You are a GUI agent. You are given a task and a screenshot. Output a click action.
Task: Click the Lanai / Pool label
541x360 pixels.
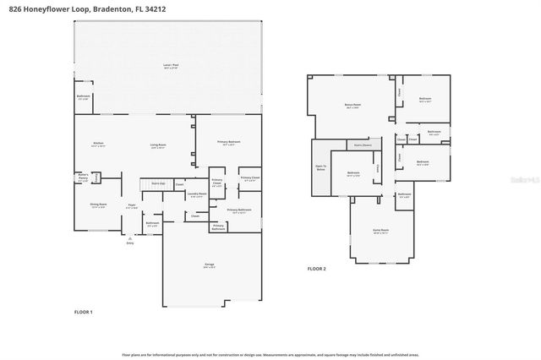click(170, 65)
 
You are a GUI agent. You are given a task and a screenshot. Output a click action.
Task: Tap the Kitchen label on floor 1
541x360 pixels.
click(98, 145)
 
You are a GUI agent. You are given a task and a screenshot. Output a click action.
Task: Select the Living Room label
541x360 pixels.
click(158, 146)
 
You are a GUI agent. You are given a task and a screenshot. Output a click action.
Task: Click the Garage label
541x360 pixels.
click(209, 265)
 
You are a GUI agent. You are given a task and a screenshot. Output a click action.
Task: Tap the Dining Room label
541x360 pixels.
click(98, 205)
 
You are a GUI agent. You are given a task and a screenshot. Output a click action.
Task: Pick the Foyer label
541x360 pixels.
click(132, 205)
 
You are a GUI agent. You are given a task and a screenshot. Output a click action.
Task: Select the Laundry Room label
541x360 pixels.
click(197, 196)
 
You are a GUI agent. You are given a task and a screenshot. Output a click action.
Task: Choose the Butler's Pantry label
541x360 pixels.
click(83, 178)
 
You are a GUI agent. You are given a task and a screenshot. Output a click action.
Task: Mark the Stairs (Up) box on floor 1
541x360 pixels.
click(158, 183)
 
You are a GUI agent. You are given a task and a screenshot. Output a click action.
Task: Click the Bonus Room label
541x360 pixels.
click(352, 106)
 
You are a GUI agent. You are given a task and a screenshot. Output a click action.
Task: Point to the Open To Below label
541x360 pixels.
click(320, 169)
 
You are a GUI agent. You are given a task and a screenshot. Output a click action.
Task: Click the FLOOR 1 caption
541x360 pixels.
click(84, 313)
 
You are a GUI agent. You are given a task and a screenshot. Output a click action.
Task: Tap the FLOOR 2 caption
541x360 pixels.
click(316, 269)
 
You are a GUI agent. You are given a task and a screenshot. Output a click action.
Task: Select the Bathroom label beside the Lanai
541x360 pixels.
click(83, 97)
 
